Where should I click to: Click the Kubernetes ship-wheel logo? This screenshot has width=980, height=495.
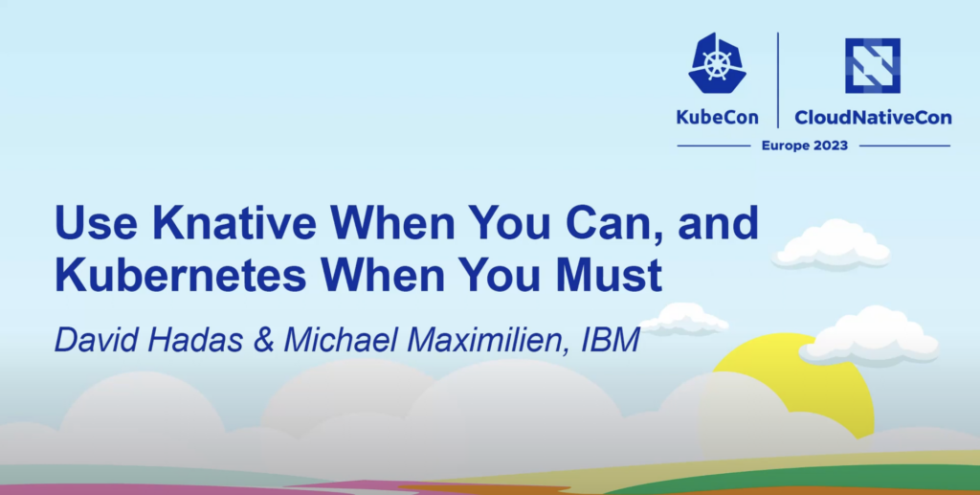pyautogui.click(x=717, y=64)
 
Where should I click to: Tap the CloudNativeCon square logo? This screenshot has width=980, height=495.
pyautogui.click(x=873, y=66)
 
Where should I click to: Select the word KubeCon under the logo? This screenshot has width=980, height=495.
pyautogui.click(x=717, y=117)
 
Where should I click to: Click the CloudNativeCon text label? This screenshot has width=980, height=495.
pyautogui.click(x=873, y=117)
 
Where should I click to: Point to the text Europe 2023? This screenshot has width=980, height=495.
pyautogui.click(x=804, y=146)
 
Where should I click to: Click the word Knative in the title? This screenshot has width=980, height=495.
pyautogui.click(x=234, y=222)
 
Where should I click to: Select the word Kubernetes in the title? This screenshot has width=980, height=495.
pyautogui.click(x=181, y=275)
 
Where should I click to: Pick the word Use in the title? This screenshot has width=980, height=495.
pyautogui.click(x=97, y=223)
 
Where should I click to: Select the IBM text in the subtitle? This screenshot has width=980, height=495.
pyautogui.click(x=611, y=340)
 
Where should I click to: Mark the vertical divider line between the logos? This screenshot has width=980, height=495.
pyautogui.click(x=777, y=80)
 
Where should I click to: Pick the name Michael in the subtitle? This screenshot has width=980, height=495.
pyautogui.click(x=343, y=340)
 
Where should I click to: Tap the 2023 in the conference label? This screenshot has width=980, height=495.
pyautogui.click(x=826, y=146)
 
